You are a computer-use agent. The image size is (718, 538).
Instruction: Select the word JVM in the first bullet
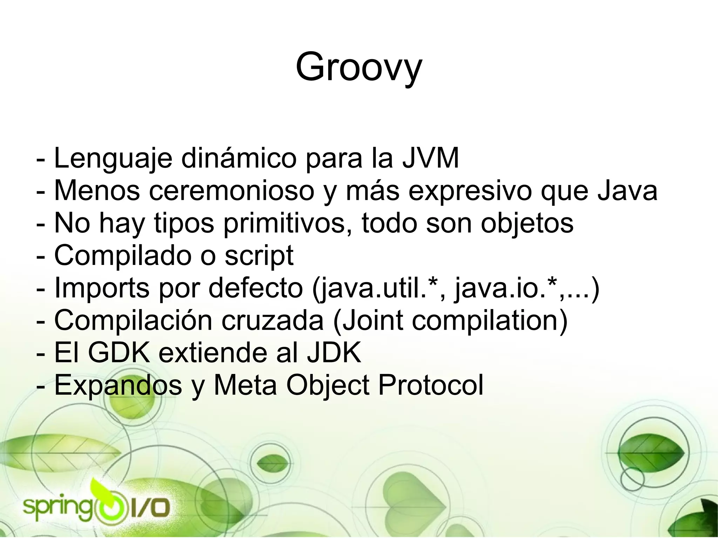click(x=431, y=158)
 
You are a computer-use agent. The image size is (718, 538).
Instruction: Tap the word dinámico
click(x=239, y=158)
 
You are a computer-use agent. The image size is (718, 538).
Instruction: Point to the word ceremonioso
click(x=231, y=191)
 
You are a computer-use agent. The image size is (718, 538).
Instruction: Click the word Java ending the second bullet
click(x=628, y=191)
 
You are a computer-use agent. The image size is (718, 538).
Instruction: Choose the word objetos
click(x=527, y=224)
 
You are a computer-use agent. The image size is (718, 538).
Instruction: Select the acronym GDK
click(x=119, y=353)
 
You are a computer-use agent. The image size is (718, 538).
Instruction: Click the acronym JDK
click(x=334, y=353)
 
